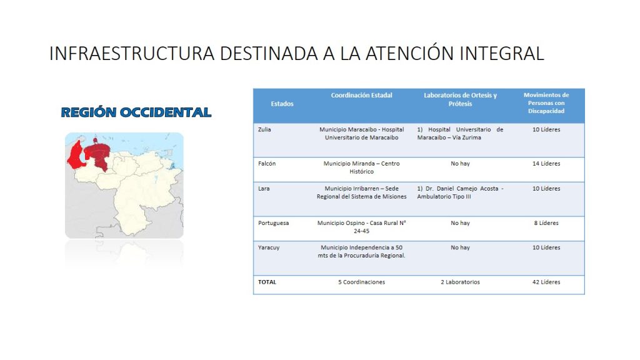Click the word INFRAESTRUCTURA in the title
click(x=132, y=54)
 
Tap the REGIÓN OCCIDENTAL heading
click(x=136, y=112)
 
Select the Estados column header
click(x=282, y=104)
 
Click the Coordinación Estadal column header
click(x=361, y=95)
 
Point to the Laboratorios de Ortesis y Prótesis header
click(x=460, y=99)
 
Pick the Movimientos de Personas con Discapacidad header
click(x=546, y=103)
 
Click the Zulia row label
click(x=264, y=129)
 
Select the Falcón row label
click(x=266, y=163)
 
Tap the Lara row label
click(x=264, y=189)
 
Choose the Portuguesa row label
click(x=273, y=223)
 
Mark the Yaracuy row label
click(x=269, y=247)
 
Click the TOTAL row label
click(x=267, y=282)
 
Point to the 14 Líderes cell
click(x=546, y=163)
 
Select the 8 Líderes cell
click(x=546, y=223)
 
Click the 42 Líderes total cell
click(x=546, y=282)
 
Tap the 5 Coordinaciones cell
click(x=361, y=282)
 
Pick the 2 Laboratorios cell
click(x=460, y=282)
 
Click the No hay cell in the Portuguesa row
click(x=460, y=223)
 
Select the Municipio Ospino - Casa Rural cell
click(x=362, y=227)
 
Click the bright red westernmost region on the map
click(x=76, y=155)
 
